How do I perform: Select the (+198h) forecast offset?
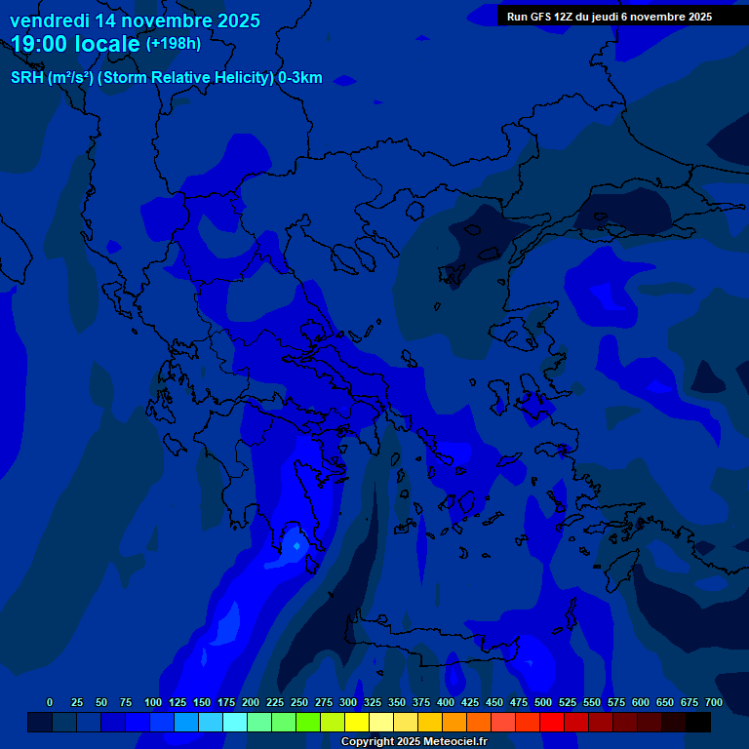174,44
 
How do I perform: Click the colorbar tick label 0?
50,702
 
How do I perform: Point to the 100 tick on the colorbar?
152,702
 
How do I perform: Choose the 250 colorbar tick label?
299,702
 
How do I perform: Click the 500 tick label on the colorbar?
543,702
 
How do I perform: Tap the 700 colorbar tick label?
714,702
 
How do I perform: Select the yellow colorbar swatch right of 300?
357,723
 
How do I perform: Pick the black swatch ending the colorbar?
698,723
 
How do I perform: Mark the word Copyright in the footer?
368,742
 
